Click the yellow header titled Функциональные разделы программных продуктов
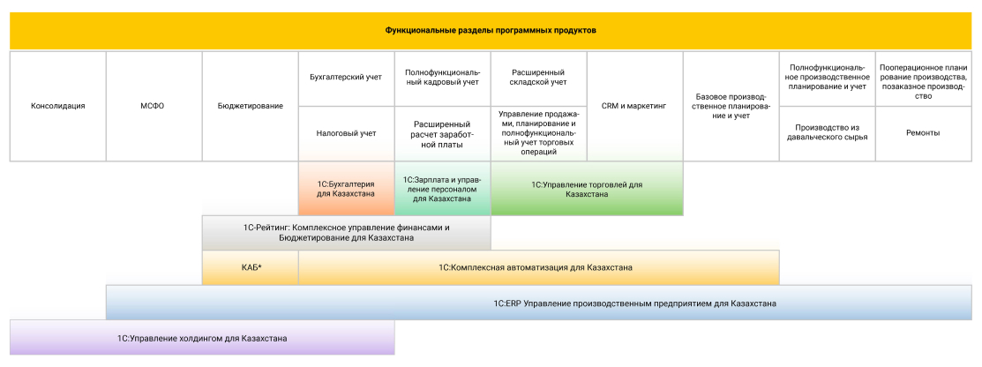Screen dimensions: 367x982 point(491,31)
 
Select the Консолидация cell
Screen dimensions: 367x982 point(57,106)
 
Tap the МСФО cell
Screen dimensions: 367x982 point(154,106)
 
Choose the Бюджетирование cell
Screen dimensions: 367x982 point(251,106)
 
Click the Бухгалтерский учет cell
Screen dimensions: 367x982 point(346,78)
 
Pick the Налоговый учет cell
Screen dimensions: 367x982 point(346,133)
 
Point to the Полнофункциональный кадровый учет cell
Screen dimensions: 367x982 point(442,78)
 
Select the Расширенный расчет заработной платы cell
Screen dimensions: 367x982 point(442,133)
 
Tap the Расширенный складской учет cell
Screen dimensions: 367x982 point(538,78)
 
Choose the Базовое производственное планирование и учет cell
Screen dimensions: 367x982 point(731,106)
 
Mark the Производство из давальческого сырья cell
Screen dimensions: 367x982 point(827,133)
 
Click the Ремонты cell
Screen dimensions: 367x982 point(923,133)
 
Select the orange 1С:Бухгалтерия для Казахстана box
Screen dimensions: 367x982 point(346,189)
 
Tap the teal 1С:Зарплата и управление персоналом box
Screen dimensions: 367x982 point(442,189)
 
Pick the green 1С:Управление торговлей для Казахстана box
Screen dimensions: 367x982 point(587,189)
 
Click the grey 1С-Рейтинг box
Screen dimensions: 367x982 point(346,232)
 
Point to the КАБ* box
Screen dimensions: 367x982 point(251,267)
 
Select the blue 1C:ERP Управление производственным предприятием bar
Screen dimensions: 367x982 point(538,303)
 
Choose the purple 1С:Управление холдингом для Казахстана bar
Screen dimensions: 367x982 point(202,338)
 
